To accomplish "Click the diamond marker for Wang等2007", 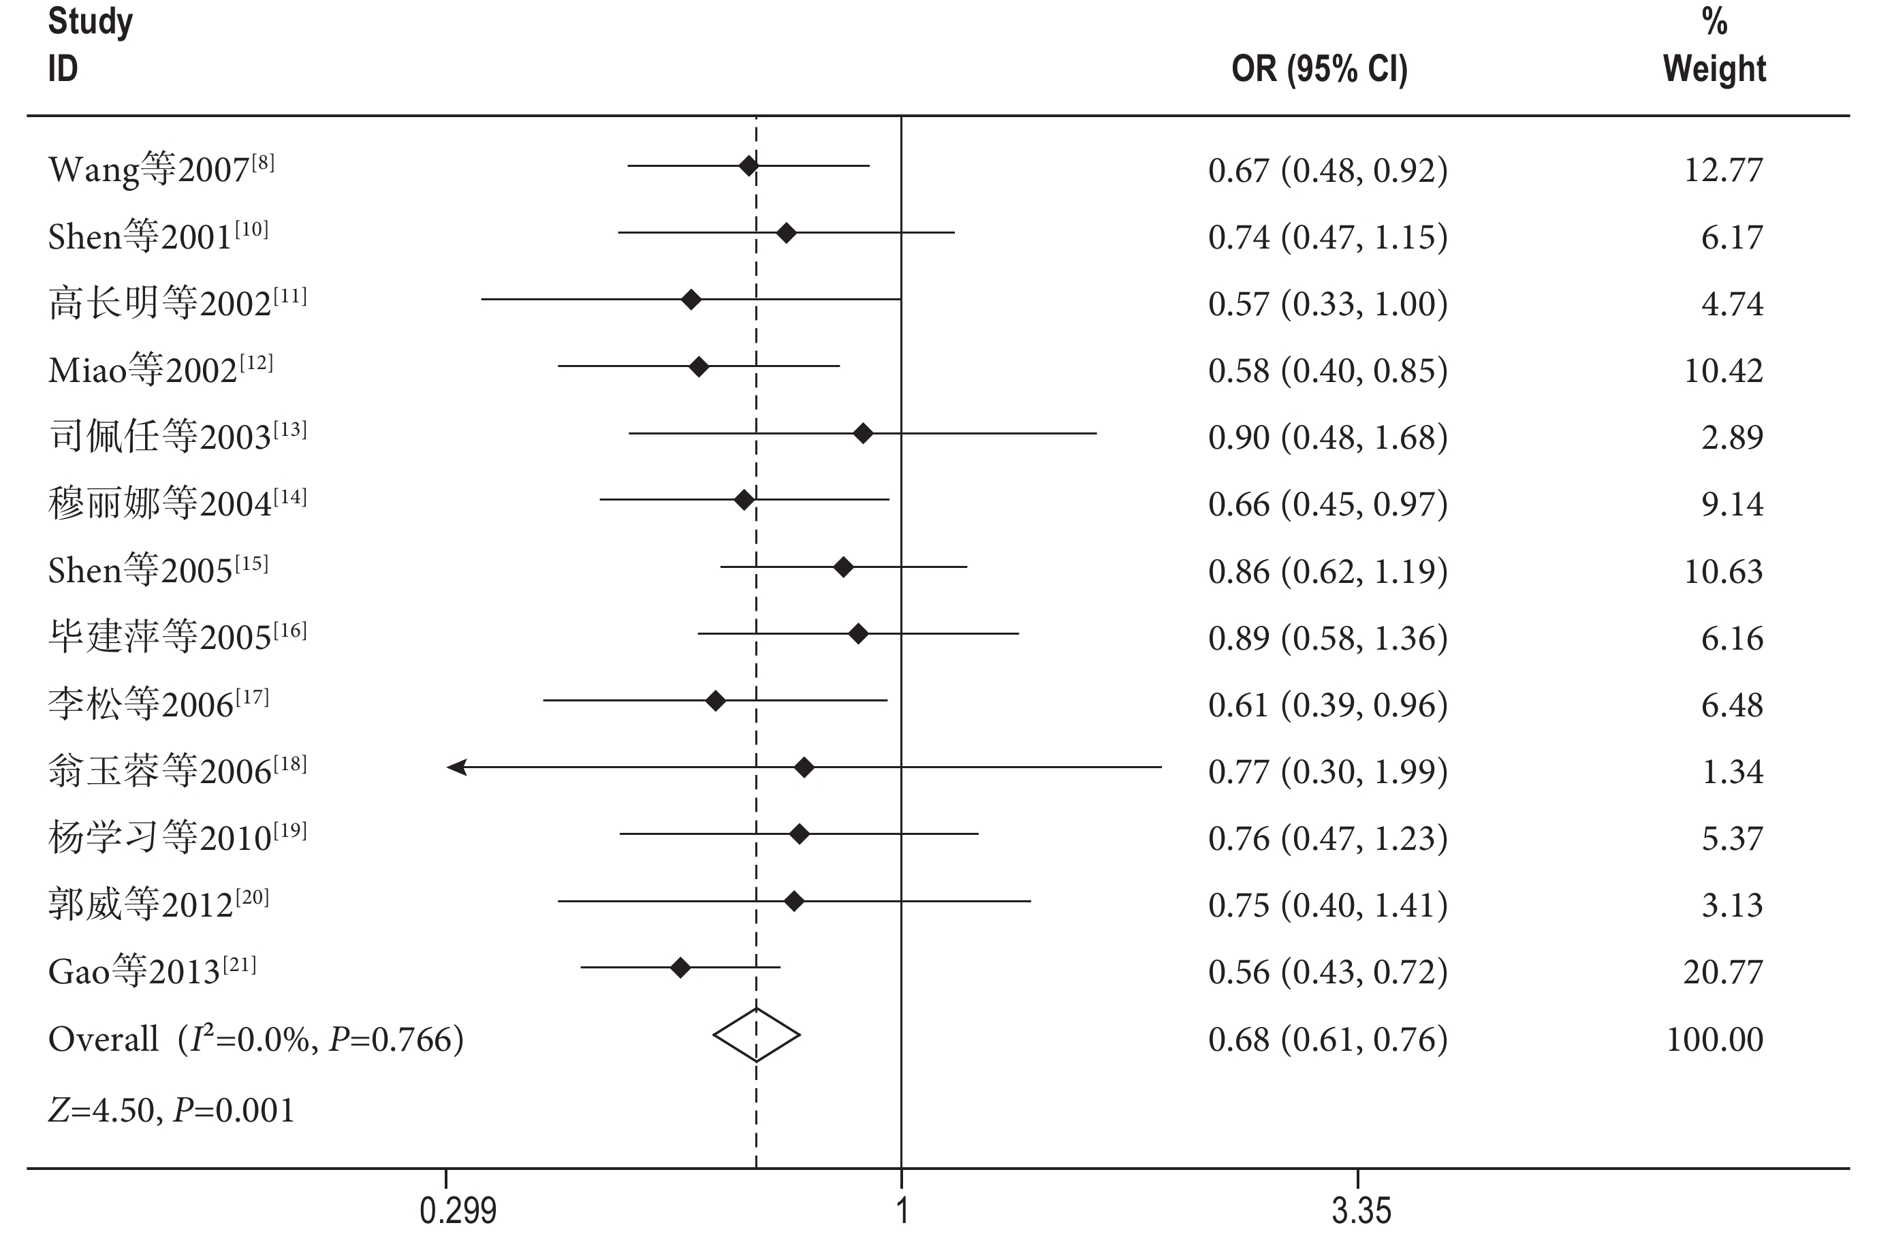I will [x=748, y=165].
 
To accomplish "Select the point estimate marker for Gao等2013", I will [x=680, y=967].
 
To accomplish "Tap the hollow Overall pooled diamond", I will [x=757, y=1035].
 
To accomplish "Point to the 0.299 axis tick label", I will [x=458, y=1210].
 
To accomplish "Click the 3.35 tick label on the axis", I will [x=1361, y=1210].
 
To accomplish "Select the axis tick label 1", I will [x=902, y=1210].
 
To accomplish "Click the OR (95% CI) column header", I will [x=1319, y=69].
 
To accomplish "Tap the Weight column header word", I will [x=1714, y=69].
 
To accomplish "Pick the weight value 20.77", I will [x=1723, y=972].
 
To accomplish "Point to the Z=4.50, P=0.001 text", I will [x=171, y=1110].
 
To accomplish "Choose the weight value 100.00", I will [x=1714, y=1039].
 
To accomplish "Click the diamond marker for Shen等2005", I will [x=843, y=567].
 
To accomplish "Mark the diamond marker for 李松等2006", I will [x=715, y=701].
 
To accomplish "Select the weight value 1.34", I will [x=1732, y=772].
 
